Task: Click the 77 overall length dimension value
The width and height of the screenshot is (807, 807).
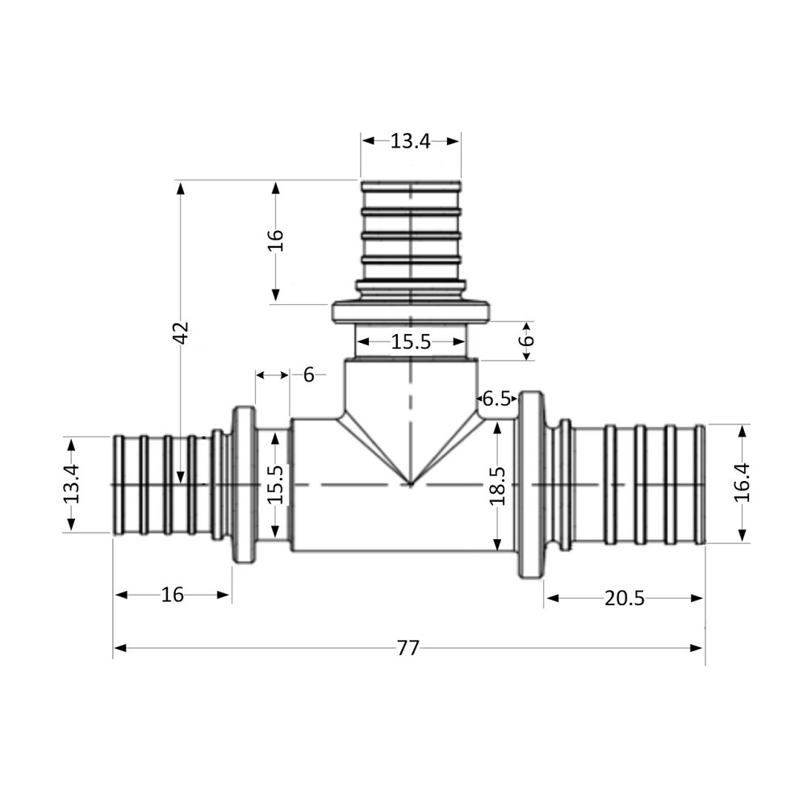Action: (408, 648)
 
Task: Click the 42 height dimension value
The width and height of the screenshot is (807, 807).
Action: (181, 332)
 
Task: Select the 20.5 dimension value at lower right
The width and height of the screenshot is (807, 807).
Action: (625, 598)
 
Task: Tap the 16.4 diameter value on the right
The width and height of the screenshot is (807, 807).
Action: (742, 483)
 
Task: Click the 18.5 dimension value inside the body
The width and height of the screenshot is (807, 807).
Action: (497, 485)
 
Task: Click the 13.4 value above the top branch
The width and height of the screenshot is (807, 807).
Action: (411, 141)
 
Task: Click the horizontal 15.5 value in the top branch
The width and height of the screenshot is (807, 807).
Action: (411, 342)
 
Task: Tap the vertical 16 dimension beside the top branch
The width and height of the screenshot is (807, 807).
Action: (276, 240)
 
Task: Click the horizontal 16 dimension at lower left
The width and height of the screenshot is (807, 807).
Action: (173, 596)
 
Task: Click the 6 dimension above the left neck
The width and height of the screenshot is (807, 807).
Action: (308, 374)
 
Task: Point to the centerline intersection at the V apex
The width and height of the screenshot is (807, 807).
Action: (411, 484)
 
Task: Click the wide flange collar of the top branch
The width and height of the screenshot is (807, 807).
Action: (411, 312)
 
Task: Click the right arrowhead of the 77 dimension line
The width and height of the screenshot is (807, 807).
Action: (698, 647)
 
